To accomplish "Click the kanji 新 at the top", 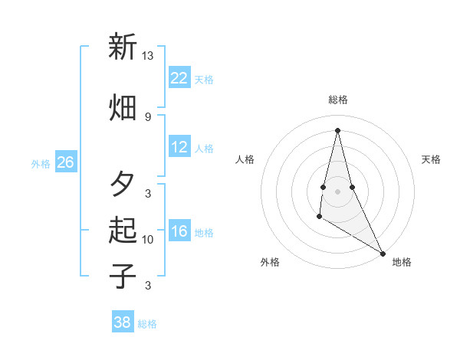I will tap(122, 47).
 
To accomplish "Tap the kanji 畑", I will tap(122, 108).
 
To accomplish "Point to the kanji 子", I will tap(122, 276).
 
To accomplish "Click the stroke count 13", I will tap(148, 55).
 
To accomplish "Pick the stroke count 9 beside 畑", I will tap(148, 116).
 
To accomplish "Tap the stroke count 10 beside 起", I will tap(148, 239).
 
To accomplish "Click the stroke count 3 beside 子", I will tap(148, 286).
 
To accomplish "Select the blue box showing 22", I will tap(179, 78).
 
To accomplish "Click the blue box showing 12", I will tap(179, 147).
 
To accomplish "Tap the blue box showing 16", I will tap(179, 231).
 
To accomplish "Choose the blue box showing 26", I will tap(65, 162).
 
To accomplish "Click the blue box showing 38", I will tap(123, 322).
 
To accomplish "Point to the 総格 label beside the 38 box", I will tap(147, 324).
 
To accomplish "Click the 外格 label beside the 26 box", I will tap(41, 163).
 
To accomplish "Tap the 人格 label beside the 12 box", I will tap(204, 149).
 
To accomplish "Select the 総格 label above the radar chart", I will tap(337, 100).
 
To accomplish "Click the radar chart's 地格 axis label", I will tap(402, 262).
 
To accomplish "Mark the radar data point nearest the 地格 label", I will tap(383, 253).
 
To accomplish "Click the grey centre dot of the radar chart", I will tap(337, 191).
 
